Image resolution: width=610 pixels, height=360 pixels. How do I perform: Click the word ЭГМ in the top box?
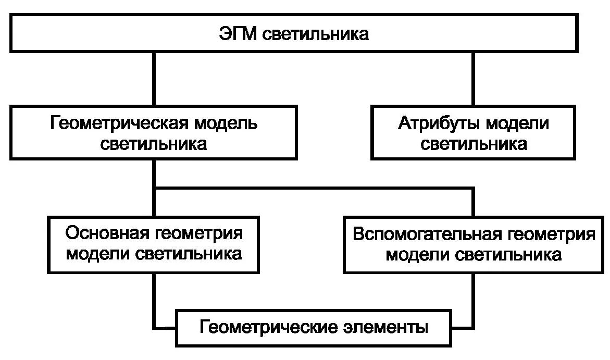238,35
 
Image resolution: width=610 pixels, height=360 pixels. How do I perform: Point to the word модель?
226,123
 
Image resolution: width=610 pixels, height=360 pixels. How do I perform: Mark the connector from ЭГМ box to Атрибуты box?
473,78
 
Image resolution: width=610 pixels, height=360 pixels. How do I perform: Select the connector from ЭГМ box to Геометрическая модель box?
154,78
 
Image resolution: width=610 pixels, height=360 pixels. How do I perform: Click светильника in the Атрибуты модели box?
474,143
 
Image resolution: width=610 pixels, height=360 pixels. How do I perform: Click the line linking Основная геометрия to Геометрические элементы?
155,302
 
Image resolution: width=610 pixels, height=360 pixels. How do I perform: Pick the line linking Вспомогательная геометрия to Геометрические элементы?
473,302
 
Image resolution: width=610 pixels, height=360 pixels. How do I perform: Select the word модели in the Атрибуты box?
517,123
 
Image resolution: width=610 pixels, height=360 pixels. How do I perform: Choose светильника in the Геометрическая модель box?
154,143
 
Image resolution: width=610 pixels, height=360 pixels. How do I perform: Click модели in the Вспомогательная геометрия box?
418,255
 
